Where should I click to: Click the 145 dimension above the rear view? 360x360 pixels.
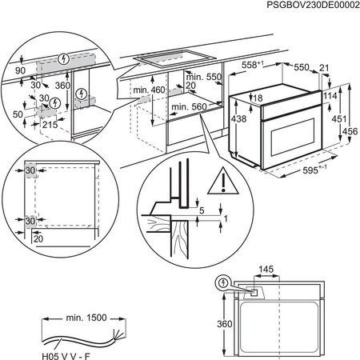266,269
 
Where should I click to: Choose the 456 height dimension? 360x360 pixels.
349,131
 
